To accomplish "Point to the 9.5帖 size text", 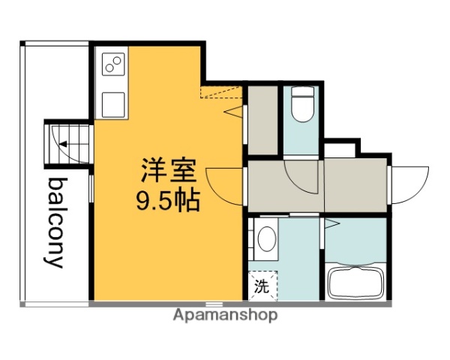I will [x=169, y=200].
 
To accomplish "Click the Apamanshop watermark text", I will [x=225, y=315].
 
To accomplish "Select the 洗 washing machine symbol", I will [x=262, y=285].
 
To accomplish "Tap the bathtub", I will [x=356, y=282].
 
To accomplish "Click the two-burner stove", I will [x=113, y=66].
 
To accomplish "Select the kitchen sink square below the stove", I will [x=113, y=103].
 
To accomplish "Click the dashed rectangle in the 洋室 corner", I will [x=222, y=91].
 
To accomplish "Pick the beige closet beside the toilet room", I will [x=262, y=120].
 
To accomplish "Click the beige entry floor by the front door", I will [x=355, y=184].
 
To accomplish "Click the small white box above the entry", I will [x=340, y=148].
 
